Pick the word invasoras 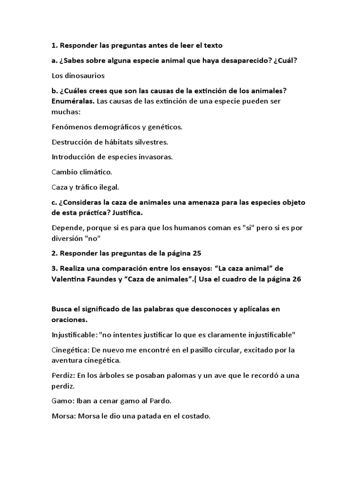tap(157, 157)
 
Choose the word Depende tap(67, 228)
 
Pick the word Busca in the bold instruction tap(62, 309)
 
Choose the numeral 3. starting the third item tap(54, 268)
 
